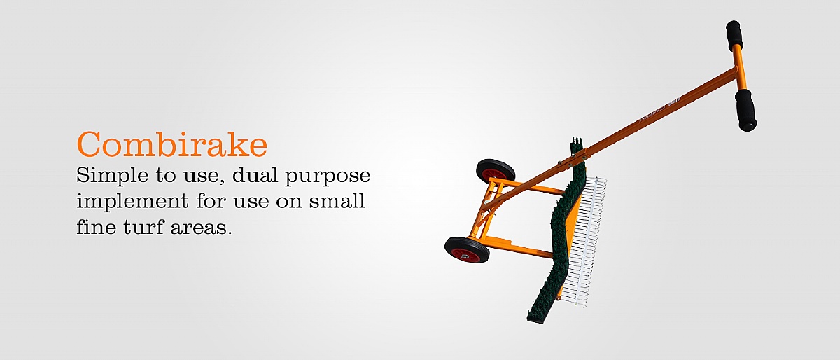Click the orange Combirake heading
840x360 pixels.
pos(172,144)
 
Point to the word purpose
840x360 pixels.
pos(328,176)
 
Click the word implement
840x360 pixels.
pos(132,202)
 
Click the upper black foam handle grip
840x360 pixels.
pos(734,35)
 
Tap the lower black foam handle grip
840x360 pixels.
pos(745,110)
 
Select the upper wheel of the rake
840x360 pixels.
pos(496,172)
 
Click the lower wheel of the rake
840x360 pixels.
pos(467,249)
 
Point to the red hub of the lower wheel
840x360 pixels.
pos(465,255)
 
